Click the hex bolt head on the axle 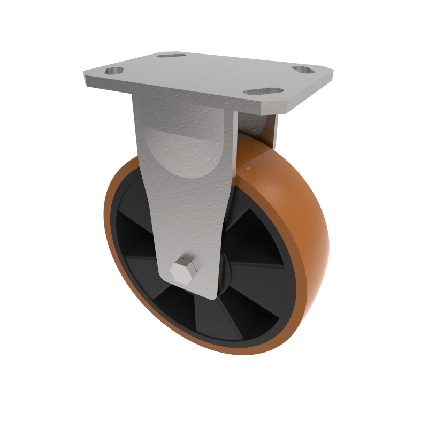coord(184,269)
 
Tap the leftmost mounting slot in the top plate coord(114,71)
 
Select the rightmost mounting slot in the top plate coord(305,70)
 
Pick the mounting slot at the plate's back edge coord(171,55)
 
